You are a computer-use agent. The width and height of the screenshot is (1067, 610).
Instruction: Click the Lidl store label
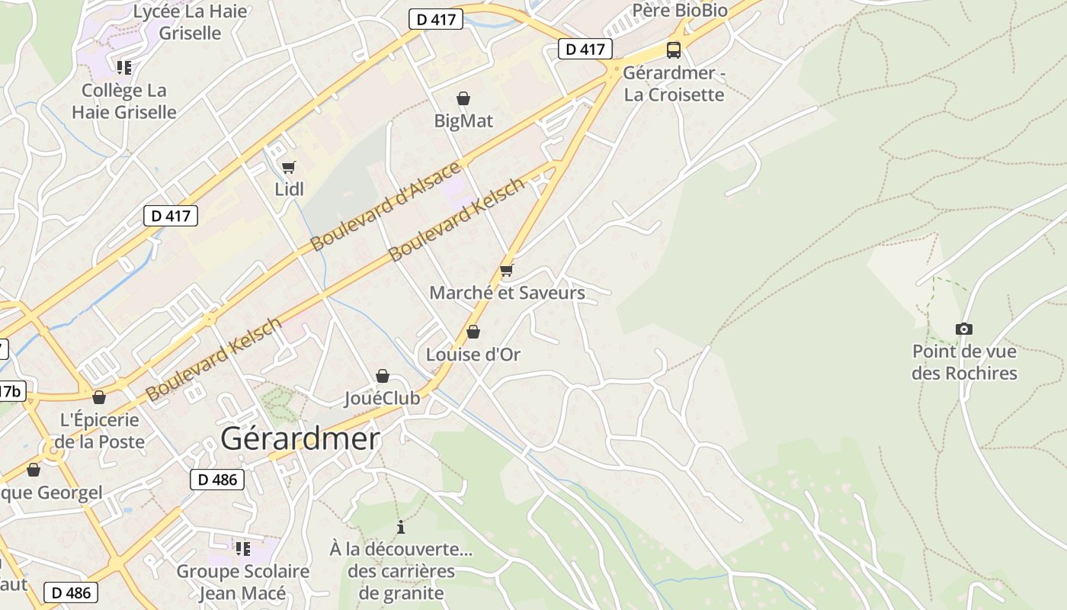[x=289, y=189]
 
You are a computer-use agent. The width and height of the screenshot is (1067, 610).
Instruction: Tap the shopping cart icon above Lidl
[x=288, y=167]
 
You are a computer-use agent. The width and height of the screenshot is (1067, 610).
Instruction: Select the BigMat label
[x=463, y=121]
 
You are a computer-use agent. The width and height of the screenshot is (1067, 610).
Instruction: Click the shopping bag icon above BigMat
[x=463, y=98]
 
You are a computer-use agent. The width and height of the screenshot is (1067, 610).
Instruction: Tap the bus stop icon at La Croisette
[x=674, y=50]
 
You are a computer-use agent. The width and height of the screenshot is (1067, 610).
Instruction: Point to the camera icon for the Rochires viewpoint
[x=964, y=329]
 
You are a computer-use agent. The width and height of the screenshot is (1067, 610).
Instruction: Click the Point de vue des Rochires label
[x=964, y=363]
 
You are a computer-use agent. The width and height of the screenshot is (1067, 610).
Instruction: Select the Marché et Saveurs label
[x=507, y=293]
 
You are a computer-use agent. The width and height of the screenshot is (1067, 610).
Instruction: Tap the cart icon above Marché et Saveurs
[x=507, y=270]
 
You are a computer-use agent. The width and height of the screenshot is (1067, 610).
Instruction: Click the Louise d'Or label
[x=473, y=355]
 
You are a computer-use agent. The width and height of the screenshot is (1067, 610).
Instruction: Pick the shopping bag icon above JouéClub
[x=383, y=376]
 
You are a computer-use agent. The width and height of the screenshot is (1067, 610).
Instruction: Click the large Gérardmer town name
[x=300, y=438]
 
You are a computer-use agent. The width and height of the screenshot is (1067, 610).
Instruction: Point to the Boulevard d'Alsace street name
[x=386, y=206]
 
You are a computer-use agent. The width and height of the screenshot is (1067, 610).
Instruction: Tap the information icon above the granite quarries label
[x=401, y=527]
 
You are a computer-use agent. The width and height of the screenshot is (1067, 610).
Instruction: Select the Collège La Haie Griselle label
[x=123, y=101]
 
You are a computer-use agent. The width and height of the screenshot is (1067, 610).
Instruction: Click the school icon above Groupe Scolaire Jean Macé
[x=243, y=548]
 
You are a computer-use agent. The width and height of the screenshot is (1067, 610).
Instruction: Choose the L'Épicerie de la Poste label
[x=99, y=431]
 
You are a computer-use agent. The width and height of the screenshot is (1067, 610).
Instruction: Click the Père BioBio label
[x=680, y=10]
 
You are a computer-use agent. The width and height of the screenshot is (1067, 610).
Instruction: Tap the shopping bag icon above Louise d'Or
[x=473, y=332]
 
